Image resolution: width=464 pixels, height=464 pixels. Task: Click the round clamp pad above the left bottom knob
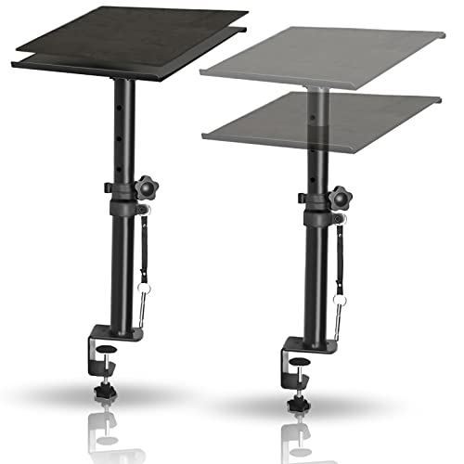pyautogui.click(x=108, y=352)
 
